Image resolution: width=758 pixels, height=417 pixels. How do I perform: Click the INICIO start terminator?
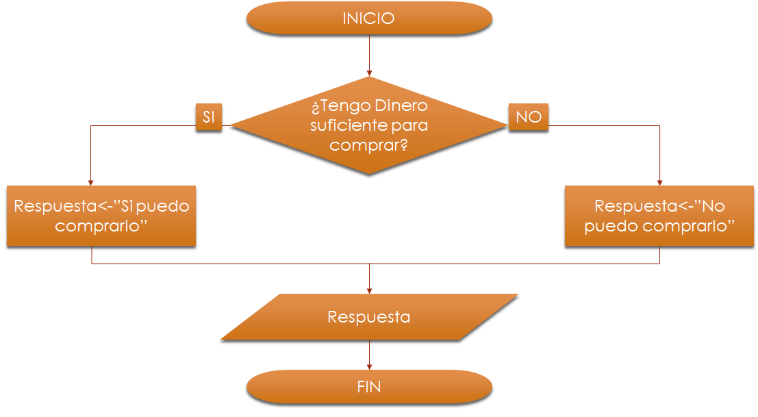(x=369, y=18)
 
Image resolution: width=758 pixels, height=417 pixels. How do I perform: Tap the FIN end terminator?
(x=369, y=387)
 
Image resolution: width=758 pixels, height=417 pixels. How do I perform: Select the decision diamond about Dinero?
(x=369, y=125)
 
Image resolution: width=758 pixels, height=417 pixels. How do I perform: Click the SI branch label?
(x=209, y=117)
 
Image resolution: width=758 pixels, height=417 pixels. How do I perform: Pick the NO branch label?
(x=529, y=117)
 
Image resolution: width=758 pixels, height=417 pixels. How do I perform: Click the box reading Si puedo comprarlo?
(x=101, y=216)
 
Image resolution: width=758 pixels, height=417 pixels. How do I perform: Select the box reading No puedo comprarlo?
(x=659, y=216)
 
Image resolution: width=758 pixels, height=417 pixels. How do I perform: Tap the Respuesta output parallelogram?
(x=369, y=317)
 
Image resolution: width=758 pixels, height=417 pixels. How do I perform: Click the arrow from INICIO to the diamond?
(x=369, y=55)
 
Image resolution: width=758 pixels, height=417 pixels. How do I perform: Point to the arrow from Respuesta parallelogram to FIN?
(x=369, y=355)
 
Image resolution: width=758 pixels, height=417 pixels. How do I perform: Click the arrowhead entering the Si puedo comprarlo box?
(x=92, y=181)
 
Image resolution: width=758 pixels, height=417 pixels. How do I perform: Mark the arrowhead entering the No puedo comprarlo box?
(x=659, y=181)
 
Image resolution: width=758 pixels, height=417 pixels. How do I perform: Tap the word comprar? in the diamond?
(x=369, y=145)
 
